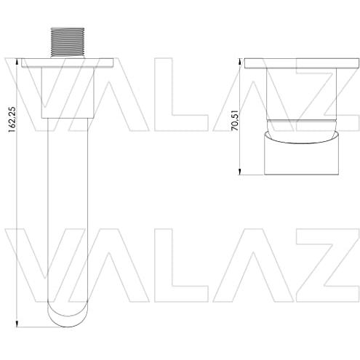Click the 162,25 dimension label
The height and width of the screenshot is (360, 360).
pyautogui.click(x=12, y=119)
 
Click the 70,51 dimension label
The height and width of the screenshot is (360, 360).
pyautogui.click(x=235, y=121)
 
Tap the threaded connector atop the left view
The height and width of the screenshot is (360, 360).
pyautogui.click(x=68, y=43)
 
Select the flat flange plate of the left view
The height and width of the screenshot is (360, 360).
pyautogui.click(x=68, y=63)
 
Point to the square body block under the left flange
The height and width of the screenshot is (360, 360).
pyautogui.click(x=68, y=92)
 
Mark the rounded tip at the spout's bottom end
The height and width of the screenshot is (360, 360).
pyautogui.click(x=68, y=314)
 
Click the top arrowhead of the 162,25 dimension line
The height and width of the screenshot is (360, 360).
pyautogui.click(x=17, y=61)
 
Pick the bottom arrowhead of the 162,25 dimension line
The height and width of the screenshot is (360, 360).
pyautogui.click(x=17, y=324)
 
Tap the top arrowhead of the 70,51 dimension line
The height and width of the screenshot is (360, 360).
pyautogui.click(x=239, y=61)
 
